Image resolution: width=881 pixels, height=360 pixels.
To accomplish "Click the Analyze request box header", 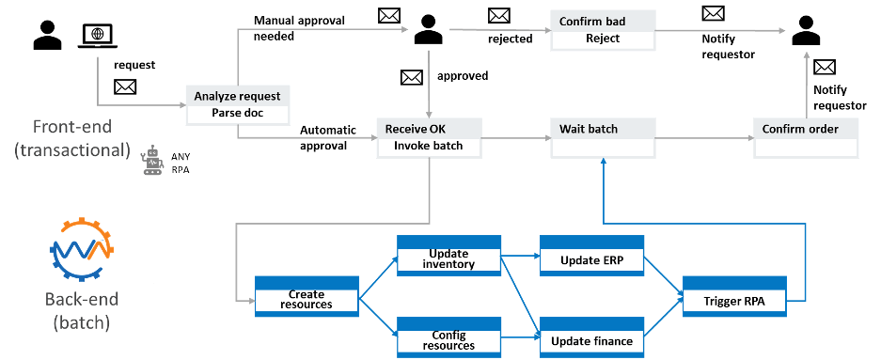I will point(237,96).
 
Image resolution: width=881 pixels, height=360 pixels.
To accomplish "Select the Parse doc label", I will point(237,115).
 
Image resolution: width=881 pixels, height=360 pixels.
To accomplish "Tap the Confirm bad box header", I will point(602,22).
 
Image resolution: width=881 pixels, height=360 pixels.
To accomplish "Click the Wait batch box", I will point(602,137).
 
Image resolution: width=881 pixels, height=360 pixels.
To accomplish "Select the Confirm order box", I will point(806,137).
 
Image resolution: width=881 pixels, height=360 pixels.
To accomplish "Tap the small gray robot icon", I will point(150,161).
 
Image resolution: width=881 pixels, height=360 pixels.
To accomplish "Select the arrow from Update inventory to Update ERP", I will point(520,254).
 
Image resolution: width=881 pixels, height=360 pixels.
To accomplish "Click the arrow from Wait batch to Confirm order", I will point(702,138).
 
